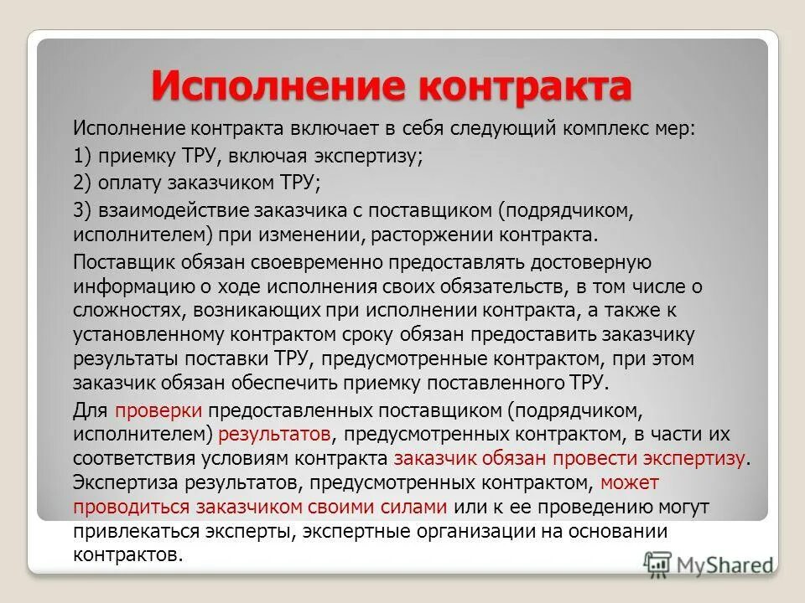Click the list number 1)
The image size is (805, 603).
point(84,156)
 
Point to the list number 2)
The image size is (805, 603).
point(84,182)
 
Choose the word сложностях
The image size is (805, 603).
point(127,311)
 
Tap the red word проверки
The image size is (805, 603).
point(158,411)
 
